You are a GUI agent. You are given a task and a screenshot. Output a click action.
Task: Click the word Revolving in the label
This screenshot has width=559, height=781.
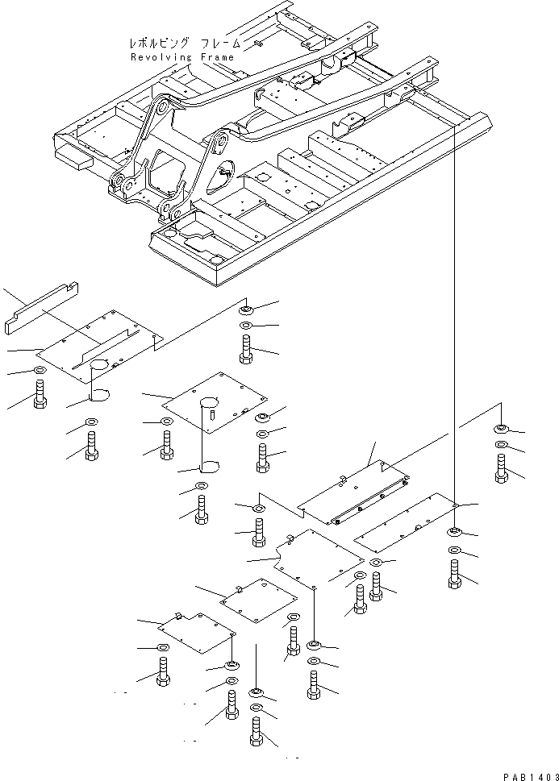161,57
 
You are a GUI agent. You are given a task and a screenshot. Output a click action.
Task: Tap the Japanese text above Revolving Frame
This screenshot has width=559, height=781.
181,44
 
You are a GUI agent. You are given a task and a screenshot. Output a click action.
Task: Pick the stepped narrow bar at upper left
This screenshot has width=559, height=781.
40,305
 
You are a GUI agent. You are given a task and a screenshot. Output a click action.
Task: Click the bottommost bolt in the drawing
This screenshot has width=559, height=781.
257,738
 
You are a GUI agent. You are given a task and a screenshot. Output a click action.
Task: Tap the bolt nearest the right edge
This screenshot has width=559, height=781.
502,467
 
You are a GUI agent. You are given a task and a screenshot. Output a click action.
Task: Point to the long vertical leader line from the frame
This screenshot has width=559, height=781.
454,322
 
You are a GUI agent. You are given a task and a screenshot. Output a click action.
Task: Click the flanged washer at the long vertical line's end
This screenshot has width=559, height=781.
454,531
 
